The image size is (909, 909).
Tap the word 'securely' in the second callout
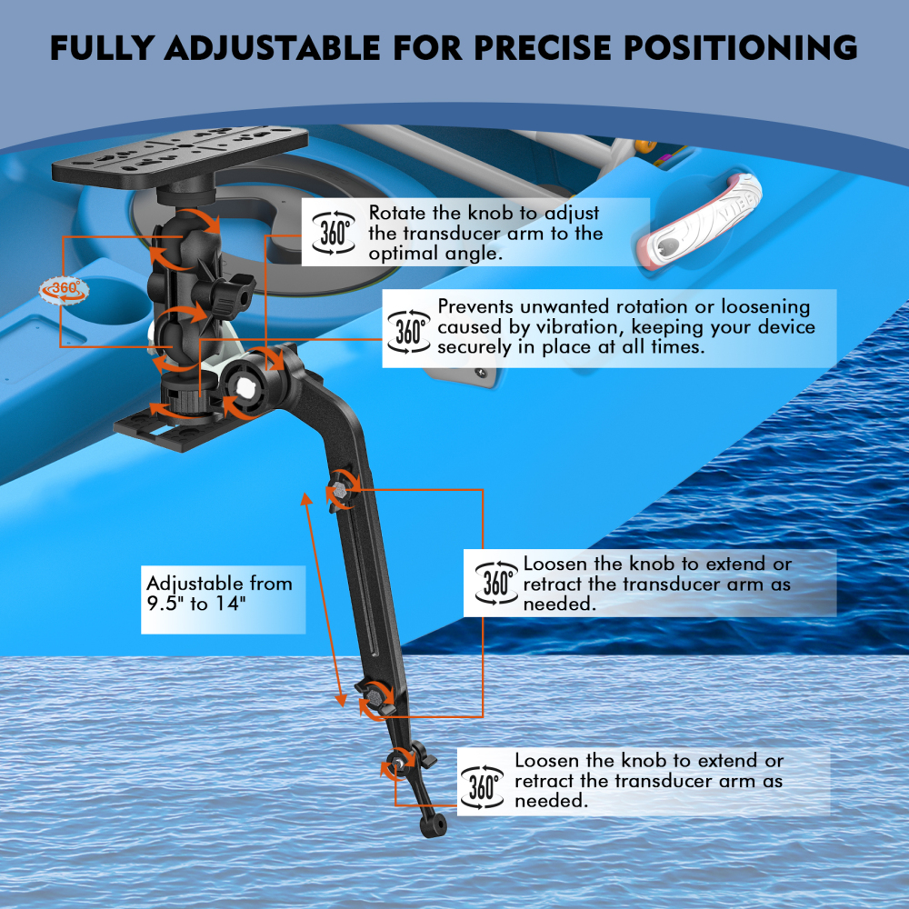click(480, 347)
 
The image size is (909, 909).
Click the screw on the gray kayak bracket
click(479, 372)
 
